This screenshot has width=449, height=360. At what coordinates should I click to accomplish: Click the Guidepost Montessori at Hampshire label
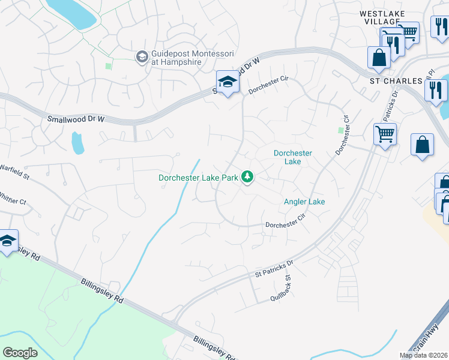(187, 57)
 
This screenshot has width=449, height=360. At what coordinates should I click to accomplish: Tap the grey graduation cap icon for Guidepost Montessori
(142, 57)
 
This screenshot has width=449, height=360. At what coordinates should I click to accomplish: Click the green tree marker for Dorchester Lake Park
(247, 177)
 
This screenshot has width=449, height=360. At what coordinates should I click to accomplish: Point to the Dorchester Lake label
(292, 157)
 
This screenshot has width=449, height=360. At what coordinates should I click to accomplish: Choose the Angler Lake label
(304, 202)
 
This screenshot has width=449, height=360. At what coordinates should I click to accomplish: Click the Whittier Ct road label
(13, 198)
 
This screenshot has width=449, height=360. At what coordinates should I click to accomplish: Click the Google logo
(20, 352)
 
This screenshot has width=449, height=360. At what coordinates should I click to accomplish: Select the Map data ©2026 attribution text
(423, 355)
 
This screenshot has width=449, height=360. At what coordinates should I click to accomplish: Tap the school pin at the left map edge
(7, 241)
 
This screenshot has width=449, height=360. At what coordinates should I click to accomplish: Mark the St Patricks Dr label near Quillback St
(274, 268)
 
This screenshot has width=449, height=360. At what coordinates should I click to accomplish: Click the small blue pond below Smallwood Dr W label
(77, 143)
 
